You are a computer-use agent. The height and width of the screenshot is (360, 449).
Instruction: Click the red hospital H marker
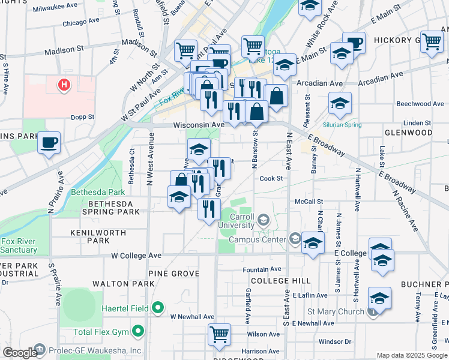click(x=64, y=85)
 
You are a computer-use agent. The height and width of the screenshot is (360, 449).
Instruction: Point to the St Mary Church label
click(x=336, y=311)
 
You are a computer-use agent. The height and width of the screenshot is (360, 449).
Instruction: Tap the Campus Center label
click(x=258, y=239)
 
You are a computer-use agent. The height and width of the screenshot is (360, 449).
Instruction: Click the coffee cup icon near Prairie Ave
click(x=49, y=143)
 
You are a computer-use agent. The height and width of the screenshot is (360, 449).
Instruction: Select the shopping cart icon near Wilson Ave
click(x=219, y=333)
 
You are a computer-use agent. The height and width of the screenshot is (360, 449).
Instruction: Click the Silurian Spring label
click(x=342, y=125)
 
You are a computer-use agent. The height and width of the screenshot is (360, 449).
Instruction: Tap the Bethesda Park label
click(x=98, y=193)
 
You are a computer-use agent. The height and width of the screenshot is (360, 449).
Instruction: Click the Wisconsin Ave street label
click(x=199, y=125)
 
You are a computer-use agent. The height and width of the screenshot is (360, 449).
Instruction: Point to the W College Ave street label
click(x=136, y=255)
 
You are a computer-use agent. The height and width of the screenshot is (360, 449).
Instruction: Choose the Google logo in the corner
click(x=19, y=353)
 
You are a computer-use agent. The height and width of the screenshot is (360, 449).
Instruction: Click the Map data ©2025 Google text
click(x=411, y=355)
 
